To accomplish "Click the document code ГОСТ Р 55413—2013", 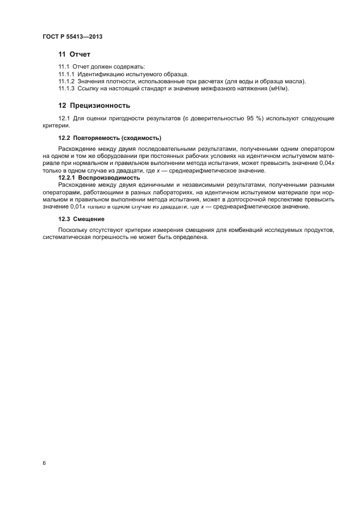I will [72, 36].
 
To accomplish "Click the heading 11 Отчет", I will [74, 54].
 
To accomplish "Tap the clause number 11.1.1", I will [66, 73].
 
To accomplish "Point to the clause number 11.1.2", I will [66, 81].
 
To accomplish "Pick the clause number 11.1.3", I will [66, 89].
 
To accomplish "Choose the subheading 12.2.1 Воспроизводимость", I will [99, 177].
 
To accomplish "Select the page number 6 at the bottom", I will [44, 463].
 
